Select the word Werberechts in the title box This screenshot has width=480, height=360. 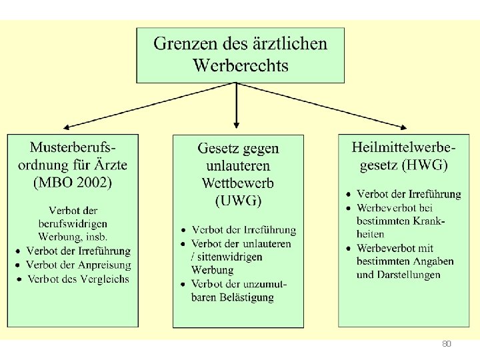241,65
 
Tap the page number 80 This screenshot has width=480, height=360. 447,344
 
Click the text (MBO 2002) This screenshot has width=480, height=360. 73,181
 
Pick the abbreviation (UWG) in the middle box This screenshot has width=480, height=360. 238,200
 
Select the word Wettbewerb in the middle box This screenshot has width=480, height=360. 238,183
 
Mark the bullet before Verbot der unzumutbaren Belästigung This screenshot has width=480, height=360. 183,285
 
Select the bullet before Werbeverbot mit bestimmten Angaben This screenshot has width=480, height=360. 349,249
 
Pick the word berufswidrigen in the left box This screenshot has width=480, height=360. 73,223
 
